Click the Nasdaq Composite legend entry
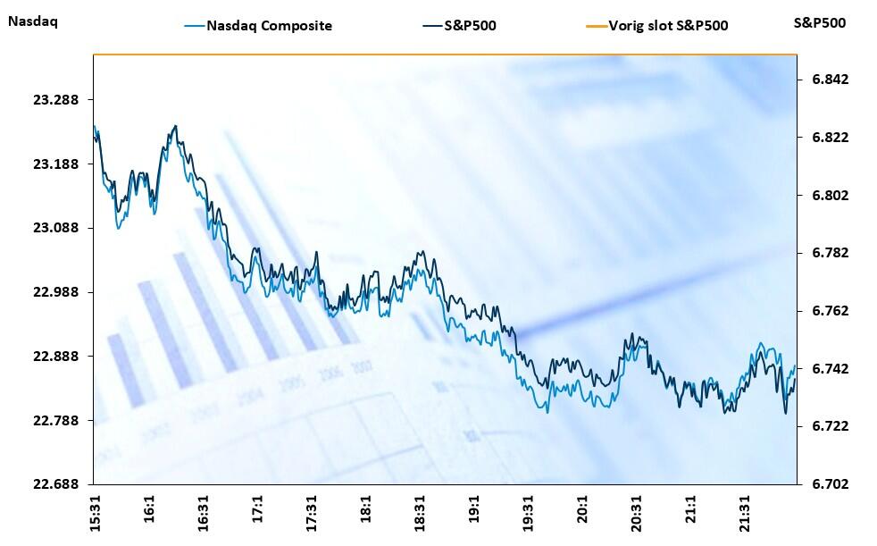269,25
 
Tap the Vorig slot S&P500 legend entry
668,25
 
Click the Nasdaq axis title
32,22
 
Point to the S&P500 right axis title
819,22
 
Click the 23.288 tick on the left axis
56,100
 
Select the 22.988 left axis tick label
56,292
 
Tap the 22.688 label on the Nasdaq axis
56,484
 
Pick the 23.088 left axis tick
56,228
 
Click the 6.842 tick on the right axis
830,80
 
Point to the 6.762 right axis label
830,311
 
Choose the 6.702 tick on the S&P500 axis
830,484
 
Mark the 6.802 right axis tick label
830,196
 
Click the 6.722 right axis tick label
830,426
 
